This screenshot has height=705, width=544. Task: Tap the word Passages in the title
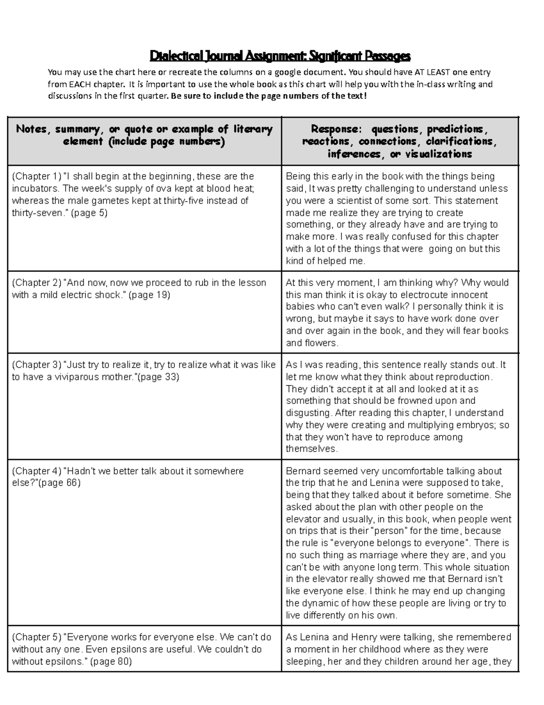coord(389,56)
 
